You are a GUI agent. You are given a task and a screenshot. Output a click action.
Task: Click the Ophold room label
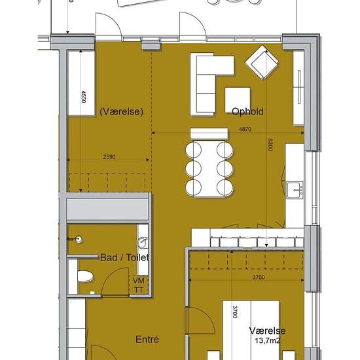tap(247, 111)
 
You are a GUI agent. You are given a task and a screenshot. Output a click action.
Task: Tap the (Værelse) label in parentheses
tap(122, 111)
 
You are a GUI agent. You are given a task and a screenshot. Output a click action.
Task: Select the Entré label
tap(147, 339)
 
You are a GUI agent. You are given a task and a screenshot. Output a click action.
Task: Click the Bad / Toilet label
tap(124, 258)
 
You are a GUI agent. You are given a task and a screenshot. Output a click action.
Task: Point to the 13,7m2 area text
tap(268, 340)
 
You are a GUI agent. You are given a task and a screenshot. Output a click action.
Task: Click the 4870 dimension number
tap(245, 129)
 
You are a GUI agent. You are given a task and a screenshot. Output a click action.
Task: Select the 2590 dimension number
tap(109, 157)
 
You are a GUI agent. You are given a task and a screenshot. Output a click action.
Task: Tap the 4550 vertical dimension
tap(84, 97)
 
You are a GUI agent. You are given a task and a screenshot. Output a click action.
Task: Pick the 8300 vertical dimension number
tap(270, 145)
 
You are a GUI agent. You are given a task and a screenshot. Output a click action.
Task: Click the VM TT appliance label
tap(139, 285)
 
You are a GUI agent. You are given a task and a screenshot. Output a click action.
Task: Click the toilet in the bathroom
tap(85, 276)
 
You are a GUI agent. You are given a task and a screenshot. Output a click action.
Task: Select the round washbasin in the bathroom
tap(143, 243)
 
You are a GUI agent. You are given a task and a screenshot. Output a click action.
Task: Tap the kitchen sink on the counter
tap(295, 190)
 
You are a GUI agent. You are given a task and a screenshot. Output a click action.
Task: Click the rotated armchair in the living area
tap(262, 62)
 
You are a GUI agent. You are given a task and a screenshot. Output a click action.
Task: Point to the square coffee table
tap(238, 100)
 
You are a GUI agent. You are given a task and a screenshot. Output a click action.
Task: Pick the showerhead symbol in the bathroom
tap(76, 239)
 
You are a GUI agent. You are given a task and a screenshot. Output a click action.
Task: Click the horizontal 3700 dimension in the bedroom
tap(259, 277)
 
